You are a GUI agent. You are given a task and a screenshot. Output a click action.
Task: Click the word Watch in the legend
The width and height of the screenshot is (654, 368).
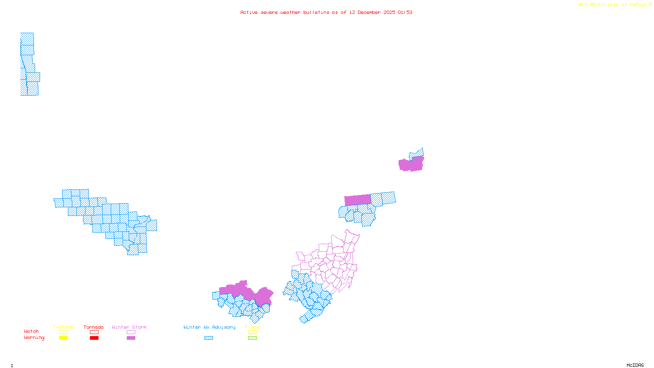click(31, 331)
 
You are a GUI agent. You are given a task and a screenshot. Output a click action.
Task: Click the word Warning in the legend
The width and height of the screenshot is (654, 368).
click(34, 338)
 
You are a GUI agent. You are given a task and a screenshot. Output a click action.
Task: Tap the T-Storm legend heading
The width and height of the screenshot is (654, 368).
click(63, 327)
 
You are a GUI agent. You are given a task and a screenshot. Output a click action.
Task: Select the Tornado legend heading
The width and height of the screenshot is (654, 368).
click(94, 327)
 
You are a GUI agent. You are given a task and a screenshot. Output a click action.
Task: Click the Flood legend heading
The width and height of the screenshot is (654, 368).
click(252, 327)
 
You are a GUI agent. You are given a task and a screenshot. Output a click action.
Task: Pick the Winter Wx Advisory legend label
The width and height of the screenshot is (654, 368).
click(209, 327)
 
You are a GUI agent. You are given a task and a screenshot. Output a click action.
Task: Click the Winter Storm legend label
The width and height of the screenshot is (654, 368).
click(129, 327)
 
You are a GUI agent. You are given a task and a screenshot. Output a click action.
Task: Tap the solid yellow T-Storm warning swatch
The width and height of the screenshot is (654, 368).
click(63, 338)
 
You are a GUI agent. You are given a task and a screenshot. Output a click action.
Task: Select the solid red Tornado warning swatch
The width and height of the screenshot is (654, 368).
click(94, 338)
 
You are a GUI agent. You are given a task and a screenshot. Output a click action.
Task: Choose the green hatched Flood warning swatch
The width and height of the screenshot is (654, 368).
click(253, 338)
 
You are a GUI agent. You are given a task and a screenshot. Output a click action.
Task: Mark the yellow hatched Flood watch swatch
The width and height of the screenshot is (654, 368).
click(253, 332)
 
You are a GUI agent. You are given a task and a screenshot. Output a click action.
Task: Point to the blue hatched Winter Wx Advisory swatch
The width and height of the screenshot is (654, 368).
click(208, 338)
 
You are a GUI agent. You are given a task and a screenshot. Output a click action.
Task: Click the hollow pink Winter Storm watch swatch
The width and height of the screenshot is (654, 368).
click(131, 332)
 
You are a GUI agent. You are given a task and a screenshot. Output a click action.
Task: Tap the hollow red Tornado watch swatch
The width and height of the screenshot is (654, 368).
click(94, 332)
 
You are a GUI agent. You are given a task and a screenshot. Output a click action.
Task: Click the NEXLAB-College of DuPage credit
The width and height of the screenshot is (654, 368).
click(613, 5)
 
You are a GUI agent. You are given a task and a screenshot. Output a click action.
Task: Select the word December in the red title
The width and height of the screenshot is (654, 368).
click(369, 12)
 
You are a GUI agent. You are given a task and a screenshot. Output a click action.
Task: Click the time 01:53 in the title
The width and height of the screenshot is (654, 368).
click(405, 12)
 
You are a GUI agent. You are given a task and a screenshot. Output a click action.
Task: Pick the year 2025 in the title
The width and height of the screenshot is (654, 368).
click(389, 12)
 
